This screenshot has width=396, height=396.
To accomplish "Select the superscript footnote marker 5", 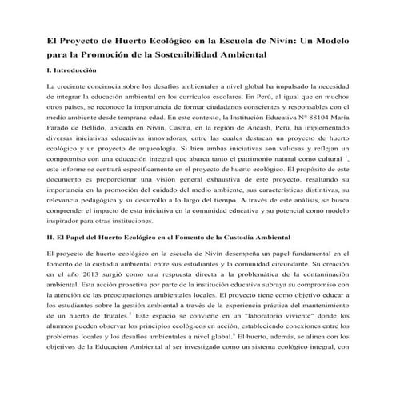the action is click(x=130, y=314).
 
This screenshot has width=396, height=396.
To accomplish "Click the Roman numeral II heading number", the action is click(x=50, y=238).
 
